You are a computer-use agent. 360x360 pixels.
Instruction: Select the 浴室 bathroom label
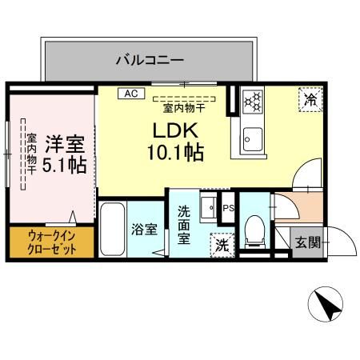click(144, 227)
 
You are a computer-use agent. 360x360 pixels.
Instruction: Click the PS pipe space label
click(228, 206)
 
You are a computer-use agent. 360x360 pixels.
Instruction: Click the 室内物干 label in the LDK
click(185, 106)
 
